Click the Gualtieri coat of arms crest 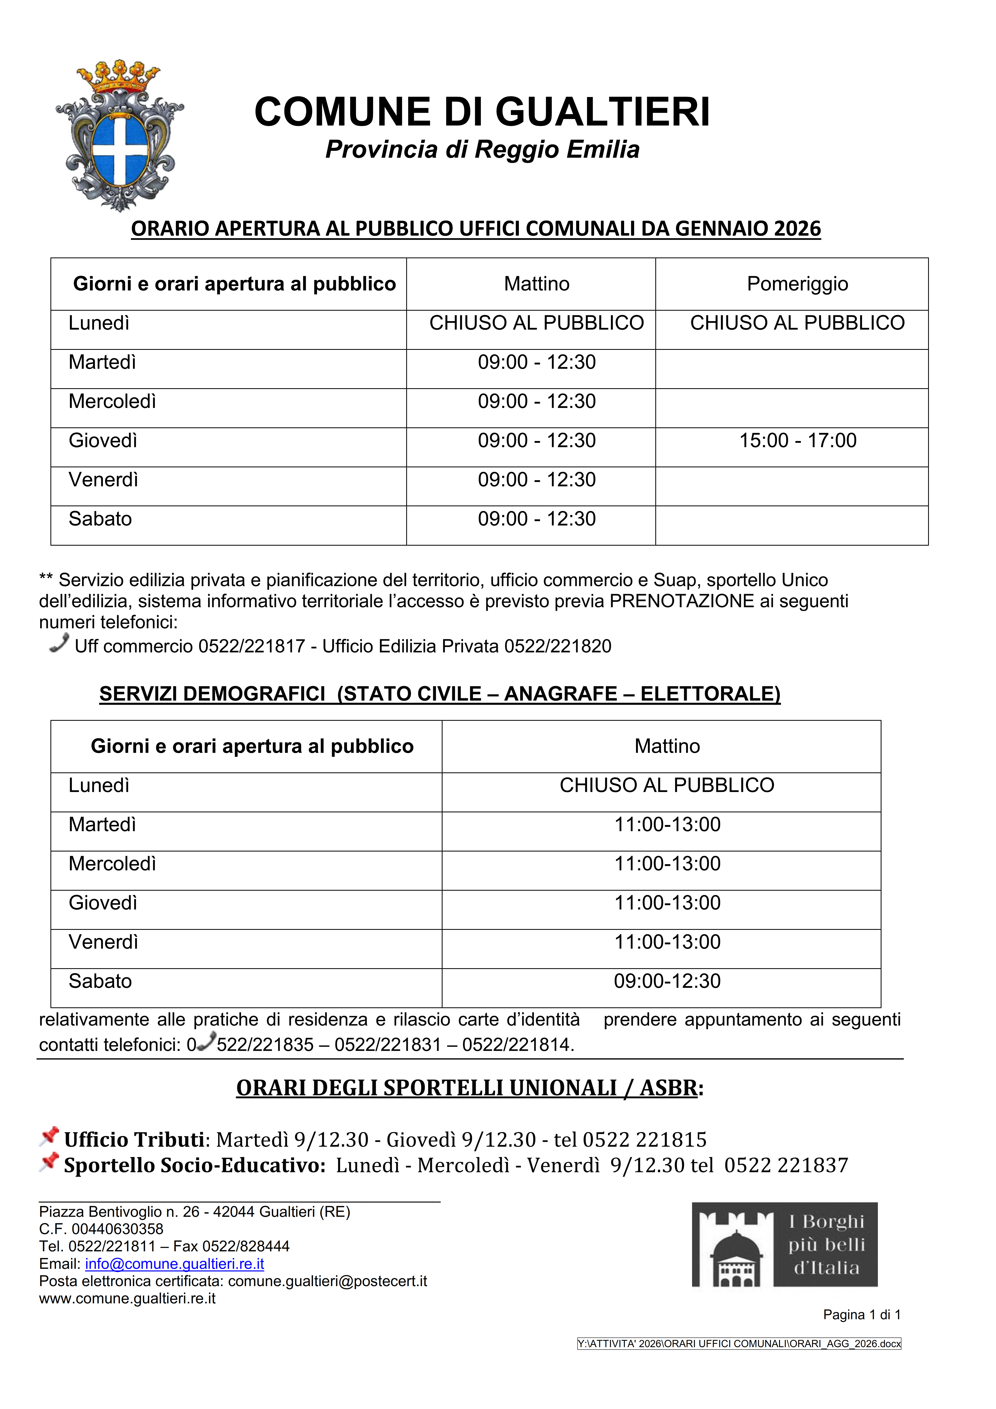coord(120,136)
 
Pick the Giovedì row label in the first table coord(103,441)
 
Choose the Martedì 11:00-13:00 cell coord(667,825)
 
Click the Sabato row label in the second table coord(100,981)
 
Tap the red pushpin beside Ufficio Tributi coord(49,1136)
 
